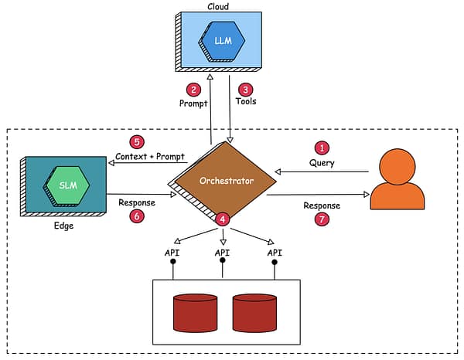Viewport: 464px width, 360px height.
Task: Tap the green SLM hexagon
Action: pos(67,185)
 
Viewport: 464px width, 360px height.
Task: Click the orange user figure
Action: pos(397,179)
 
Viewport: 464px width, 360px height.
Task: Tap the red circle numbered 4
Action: pos(223,219)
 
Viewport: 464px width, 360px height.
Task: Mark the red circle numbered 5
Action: pos(137,142)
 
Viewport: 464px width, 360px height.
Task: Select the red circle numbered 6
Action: pos(137,217)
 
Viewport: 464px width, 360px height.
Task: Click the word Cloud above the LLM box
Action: pos(218,6)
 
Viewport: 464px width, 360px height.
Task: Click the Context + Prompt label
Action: pos(150,157)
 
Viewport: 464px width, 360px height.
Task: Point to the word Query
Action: pos(322,163)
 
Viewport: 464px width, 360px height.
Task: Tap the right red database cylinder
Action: pos(254,312)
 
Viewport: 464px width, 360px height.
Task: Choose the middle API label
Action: pos(223,253)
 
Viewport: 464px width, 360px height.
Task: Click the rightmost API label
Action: pos(274,253)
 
